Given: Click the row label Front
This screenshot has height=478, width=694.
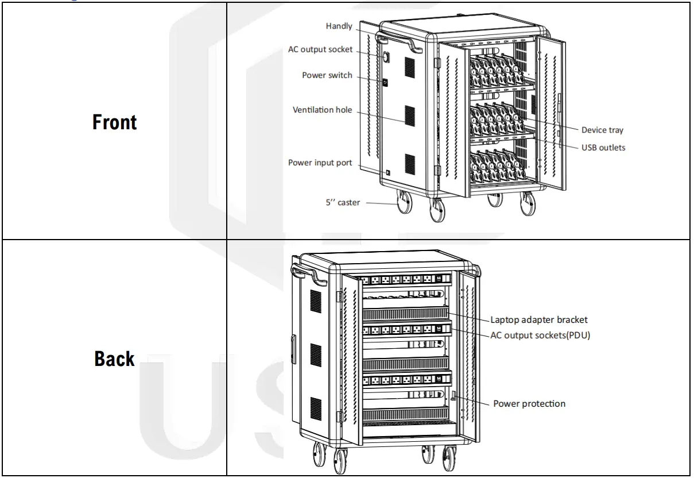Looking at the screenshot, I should point(114,122).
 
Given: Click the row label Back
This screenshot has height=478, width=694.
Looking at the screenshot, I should point(114,358).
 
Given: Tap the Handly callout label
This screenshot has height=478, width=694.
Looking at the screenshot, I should point(339,26).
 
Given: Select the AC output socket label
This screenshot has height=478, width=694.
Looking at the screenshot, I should point(320,49).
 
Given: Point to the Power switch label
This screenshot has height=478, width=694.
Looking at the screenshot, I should point(327,75).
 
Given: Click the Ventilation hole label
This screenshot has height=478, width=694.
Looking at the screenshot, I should point(322,110).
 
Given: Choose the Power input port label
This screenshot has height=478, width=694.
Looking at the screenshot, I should point(320,163).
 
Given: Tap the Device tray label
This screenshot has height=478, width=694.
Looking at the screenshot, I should point(602,130).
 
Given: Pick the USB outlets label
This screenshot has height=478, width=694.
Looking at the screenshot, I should point(603,148).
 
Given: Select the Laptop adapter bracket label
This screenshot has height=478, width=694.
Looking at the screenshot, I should point(539,320).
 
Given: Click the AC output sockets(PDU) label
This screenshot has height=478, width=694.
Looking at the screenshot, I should point(540,336).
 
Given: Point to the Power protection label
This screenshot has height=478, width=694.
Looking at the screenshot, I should point(529,403).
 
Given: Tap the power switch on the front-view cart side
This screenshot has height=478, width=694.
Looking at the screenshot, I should point(385,83).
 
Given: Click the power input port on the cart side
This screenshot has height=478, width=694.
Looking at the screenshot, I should point(389,172).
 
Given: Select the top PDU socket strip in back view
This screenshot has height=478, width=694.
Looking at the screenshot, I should point(405,280).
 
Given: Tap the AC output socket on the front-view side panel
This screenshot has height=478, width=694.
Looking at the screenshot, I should point(386,56).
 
